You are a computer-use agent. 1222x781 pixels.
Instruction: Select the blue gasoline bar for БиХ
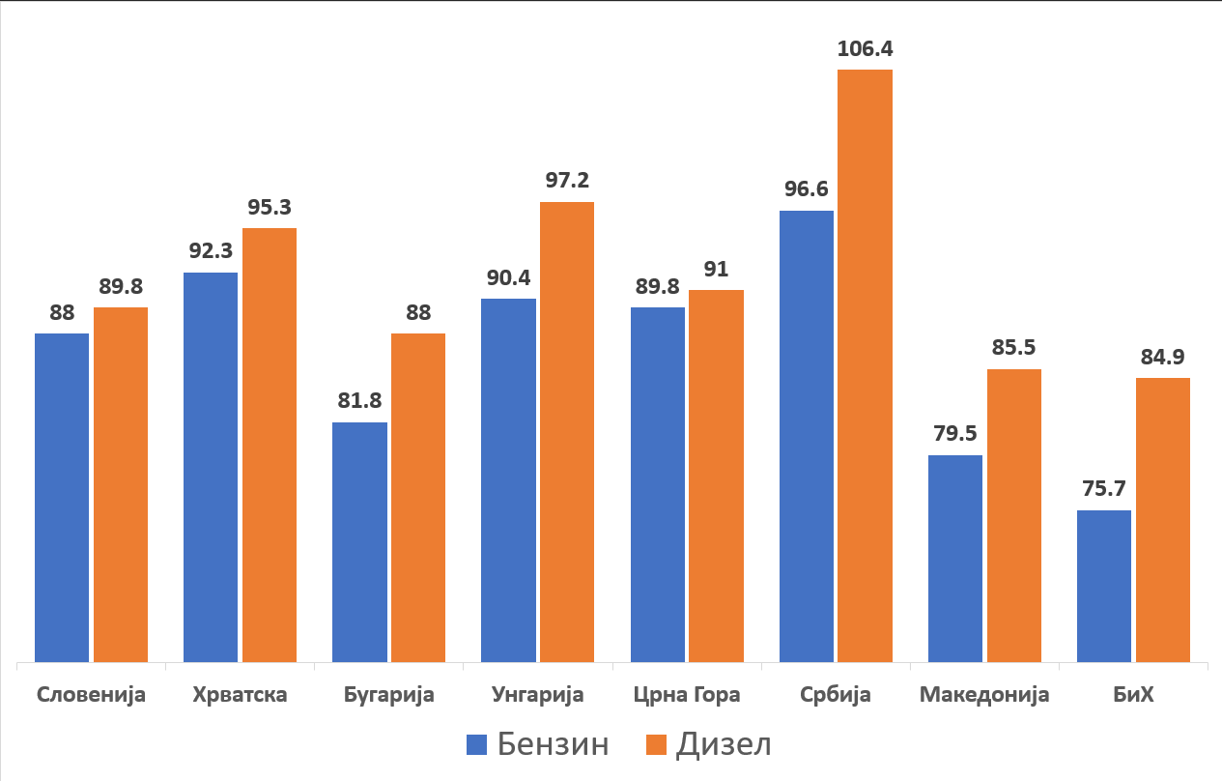tap(1103, 586)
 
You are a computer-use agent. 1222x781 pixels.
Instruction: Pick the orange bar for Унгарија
tap(567, 432)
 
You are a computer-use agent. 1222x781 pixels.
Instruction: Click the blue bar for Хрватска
tap(210, 467)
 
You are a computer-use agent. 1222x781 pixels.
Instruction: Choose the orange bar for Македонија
tap(1014, 515)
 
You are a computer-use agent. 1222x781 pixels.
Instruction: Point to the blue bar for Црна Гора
tap(658, 484)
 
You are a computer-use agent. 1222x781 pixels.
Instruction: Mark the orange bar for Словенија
tap(121, 484)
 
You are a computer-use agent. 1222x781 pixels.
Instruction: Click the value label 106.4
tap(865, 48)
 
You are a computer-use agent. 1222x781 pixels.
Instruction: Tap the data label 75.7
tap(1103, 489)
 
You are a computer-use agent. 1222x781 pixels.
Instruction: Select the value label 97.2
tap(567, 181)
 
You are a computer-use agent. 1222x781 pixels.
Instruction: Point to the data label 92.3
tap(210, 251)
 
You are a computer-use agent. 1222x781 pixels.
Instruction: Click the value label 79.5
tap(954, 434)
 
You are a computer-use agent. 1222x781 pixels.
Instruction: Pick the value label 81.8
tap(359, 401)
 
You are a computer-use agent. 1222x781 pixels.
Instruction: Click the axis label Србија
tap(836, 695)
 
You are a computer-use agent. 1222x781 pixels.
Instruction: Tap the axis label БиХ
tap(1133, 695)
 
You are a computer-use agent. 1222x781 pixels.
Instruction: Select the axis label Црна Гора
tap(687, 695)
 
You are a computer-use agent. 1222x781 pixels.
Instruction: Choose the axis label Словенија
tap(91, 695)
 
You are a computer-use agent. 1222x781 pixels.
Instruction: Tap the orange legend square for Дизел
tap(657, 744)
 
